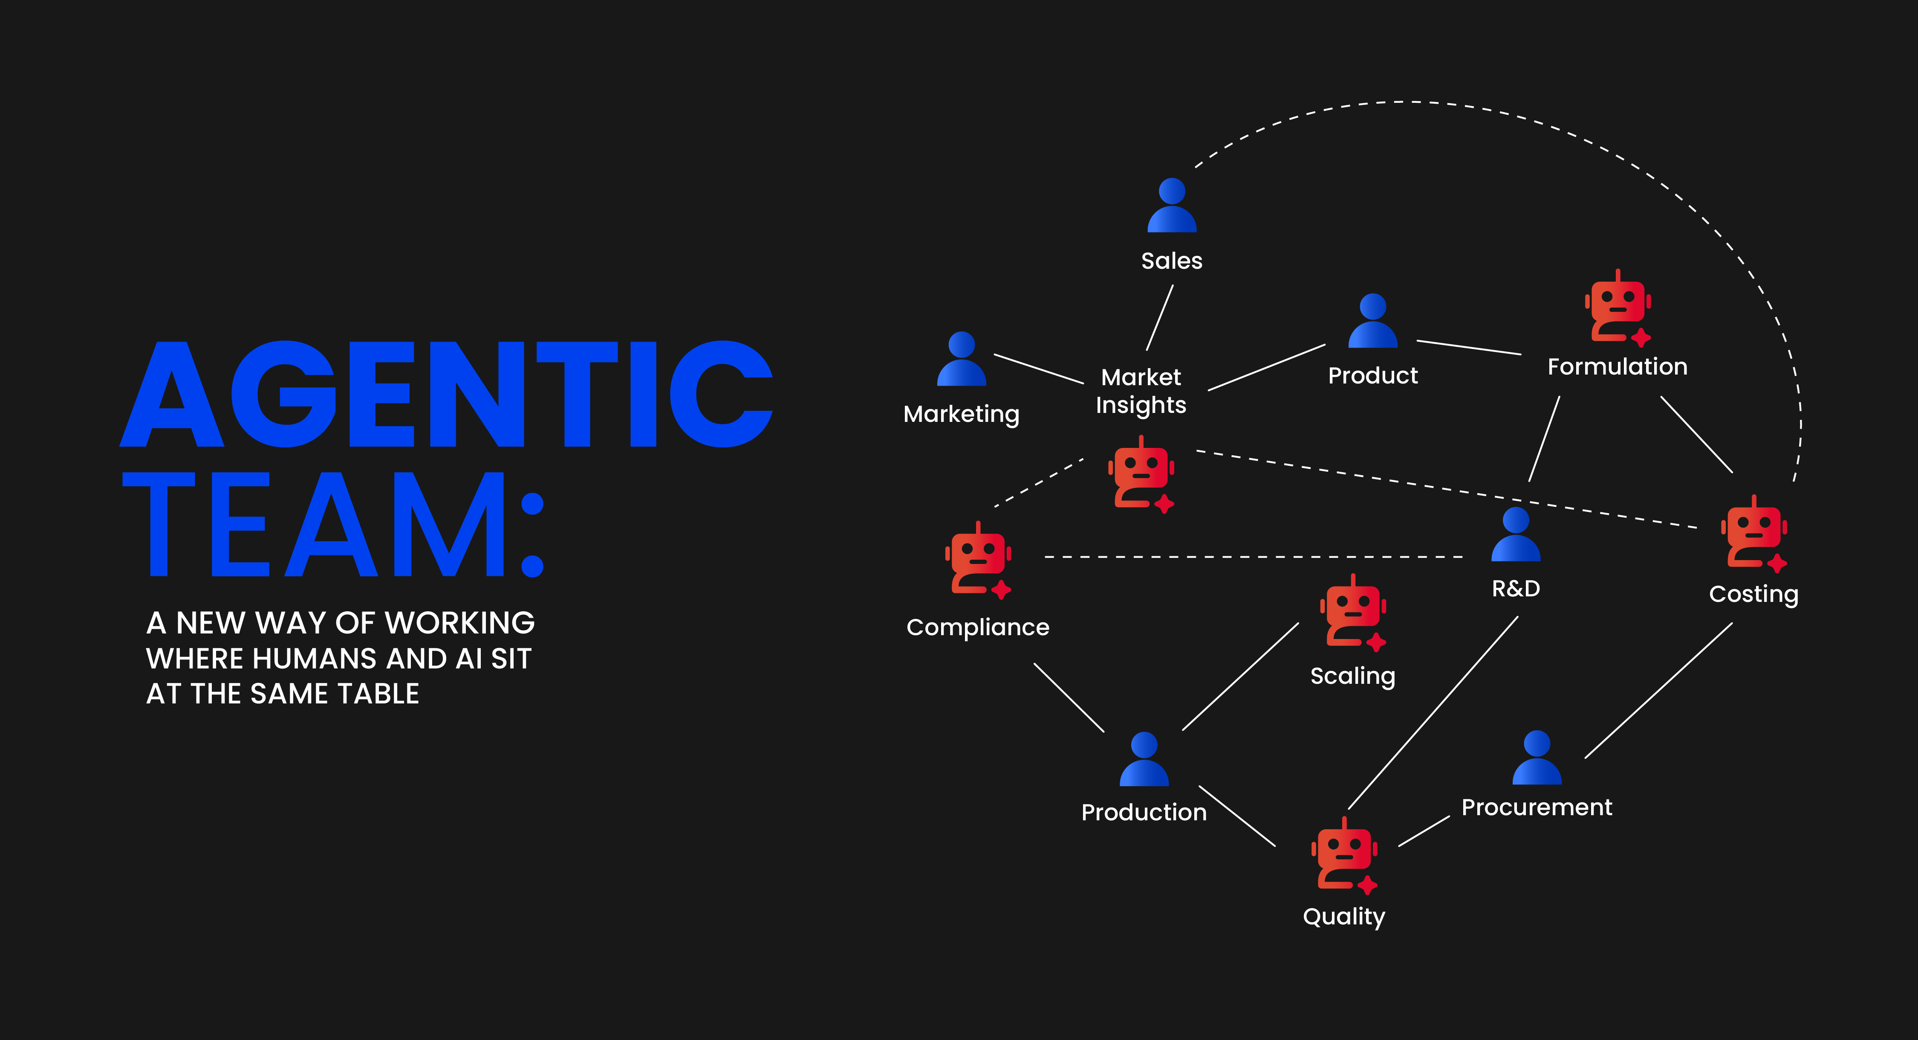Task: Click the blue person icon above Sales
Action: pyautogui.click(x=1172, y=206)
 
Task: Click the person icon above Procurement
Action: pyautogui.click(x=1537, y=758)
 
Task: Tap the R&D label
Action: pyautogui.click(x=1516, y=589)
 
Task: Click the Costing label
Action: pyautogui.click(x=1753, y=594)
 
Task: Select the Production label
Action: pyautogui.click(x=1144, y=812)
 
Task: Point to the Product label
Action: pyautogui.click(x=1373, y=375)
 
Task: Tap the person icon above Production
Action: pyautogui.click(x=1144, y=760)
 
